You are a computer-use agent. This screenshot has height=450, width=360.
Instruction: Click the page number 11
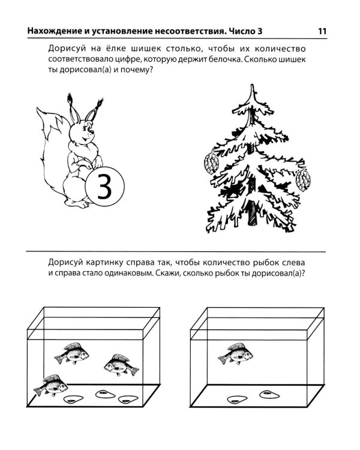pyautogui.click(x=322, y=31)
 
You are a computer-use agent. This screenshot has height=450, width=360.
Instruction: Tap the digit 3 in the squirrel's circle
pyautogui.click(x=104, y=187)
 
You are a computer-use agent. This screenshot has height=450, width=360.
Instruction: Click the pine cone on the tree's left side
pyautogui.click(x=211, y=162)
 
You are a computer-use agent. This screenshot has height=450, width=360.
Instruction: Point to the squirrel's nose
pyautogui.click(x=92, y=133)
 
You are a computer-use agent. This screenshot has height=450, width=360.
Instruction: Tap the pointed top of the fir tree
pyautogui.click(x=253, y=85)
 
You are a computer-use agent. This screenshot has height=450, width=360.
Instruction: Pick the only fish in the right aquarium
pyautogui.click(x=236, y=353)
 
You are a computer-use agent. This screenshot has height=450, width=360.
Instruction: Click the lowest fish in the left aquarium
pyautogui.click(x=51, y=385)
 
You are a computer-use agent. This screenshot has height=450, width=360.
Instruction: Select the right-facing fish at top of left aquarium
pyautogui.click(x=72, y=353)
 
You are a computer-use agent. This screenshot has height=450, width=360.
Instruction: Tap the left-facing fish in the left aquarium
pyautogui.click(x=121, y=365)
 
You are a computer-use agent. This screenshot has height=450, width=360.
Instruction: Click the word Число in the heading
pyautogui.click(x=241, y=31)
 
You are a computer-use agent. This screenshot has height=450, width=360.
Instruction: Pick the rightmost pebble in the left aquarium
pyautogui.click(x=128, y=399)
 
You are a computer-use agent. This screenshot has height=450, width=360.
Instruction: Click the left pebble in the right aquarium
pyautogui.click(x=237, y=399)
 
